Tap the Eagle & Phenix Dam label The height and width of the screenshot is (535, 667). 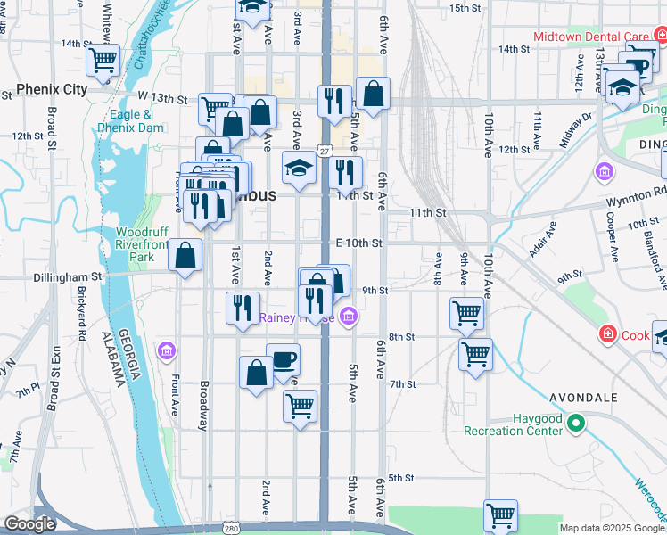point(131,121)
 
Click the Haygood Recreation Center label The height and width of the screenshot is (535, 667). point(513,425)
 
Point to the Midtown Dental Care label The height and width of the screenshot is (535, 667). point(590,37)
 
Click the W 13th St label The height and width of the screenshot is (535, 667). point(162,98)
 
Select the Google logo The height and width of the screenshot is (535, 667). point(29,524)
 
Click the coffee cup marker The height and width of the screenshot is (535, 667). point(283,360)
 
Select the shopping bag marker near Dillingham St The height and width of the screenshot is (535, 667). point(184,256)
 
